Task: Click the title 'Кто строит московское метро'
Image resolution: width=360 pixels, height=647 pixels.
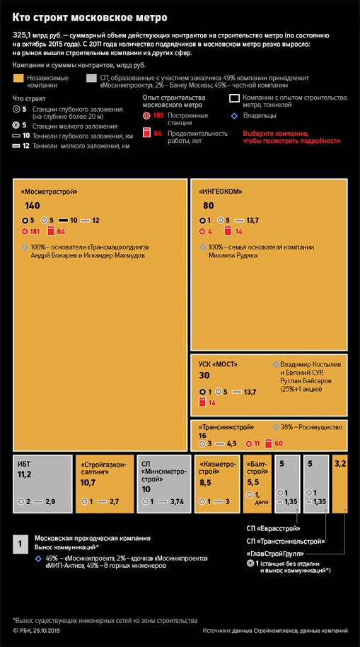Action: (90, 18)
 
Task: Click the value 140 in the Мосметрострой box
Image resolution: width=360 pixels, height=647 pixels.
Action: (33, 206)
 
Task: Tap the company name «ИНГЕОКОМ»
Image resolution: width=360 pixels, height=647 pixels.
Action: (221, 192)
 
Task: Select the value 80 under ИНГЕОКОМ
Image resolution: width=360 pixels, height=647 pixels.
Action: (209, 206)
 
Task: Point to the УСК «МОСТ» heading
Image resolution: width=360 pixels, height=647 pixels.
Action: (218, 364)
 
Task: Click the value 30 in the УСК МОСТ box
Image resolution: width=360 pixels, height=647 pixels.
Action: (204, 375)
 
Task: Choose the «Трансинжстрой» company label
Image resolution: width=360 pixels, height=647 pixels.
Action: (226, 428)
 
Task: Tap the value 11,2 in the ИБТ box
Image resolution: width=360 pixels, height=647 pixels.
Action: (24, 475)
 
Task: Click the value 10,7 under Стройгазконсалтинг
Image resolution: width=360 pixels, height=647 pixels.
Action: (88, 482)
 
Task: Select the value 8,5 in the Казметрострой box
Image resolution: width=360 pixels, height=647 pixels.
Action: (205, 482)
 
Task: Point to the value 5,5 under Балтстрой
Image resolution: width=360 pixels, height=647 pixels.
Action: (253, 482)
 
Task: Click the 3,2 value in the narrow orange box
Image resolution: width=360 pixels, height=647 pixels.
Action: (340, 464)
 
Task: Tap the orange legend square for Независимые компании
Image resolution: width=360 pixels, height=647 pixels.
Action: (18, 78)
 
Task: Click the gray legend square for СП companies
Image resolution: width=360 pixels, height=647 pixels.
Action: (92, 78)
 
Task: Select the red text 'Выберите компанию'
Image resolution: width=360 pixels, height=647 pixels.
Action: (275, 134)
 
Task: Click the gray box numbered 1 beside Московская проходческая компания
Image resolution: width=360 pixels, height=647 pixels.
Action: (21, 544)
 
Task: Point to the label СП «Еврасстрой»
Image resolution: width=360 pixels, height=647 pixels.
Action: (273, 529)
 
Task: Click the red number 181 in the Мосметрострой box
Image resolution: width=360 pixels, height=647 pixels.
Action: (35, 231)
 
